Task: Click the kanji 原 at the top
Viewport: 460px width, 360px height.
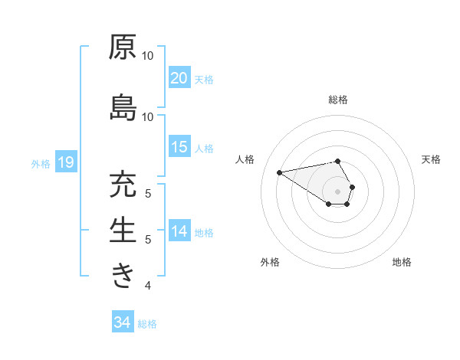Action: (x=122, y=48)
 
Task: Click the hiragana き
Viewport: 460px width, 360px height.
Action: (x=122, y=275)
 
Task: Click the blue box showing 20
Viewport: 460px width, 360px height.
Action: (x=179, y=77)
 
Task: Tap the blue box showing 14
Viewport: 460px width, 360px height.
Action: (x=179, y=231)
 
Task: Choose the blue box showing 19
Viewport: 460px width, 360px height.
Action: (x=65, y=162)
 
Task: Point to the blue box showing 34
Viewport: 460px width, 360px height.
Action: (x=122, y=322)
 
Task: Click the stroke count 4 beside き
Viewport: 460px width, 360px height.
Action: (x=148, y=286)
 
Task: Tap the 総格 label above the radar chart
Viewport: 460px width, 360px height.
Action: (x=337, y=100)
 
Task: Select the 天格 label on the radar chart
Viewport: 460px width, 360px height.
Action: (x=431, y=159)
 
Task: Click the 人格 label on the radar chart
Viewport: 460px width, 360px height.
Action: (x=245, y=159)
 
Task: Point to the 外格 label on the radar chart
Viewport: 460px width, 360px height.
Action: (x=270, y=262)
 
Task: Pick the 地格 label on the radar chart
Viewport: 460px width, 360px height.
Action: (x=402, y=262)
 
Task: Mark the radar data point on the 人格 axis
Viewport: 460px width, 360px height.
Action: (x=280, y=172)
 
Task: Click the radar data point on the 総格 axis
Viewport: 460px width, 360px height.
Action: (x=337, y=161)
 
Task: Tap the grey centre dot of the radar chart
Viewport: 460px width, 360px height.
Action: (x=337, y=191)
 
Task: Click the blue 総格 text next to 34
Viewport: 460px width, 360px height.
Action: (x=147, y=324)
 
